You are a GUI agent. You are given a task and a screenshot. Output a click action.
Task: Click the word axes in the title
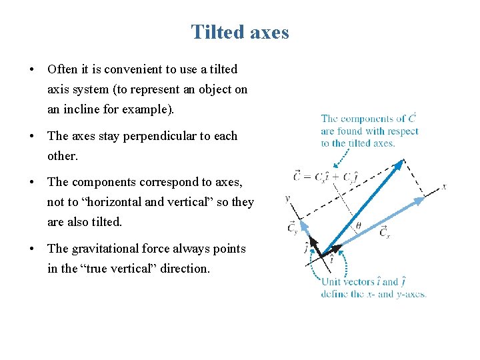click(269, 32)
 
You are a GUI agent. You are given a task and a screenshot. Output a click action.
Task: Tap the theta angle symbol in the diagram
click(358, 226)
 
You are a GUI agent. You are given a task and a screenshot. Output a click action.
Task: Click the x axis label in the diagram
click(444, 187)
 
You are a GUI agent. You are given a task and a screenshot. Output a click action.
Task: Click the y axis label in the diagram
click(287, 198)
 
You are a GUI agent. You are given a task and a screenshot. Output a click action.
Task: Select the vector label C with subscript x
click(385, 231)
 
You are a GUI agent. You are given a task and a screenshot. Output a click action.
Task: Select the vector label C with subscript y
click(293, 228)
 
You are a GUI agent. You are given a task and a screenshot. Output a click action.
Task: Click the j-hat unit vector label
click(306, 249)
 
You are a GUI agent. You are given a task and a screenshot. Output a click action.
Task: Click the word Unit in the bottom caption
click(331, 281)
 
